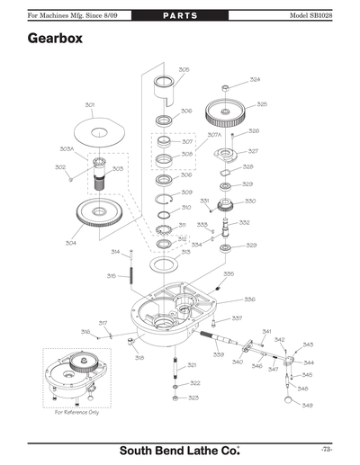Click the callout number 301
pos(90,105)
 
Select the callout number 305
pos(184,69)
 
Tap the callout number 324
pos(255,80)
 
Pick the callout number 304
pos(70,243)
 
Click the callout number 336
pos(249,300)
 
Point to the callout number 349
pos(308,406)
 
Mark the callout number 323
pos(193,398)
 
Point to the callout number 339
pos(219,355)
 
